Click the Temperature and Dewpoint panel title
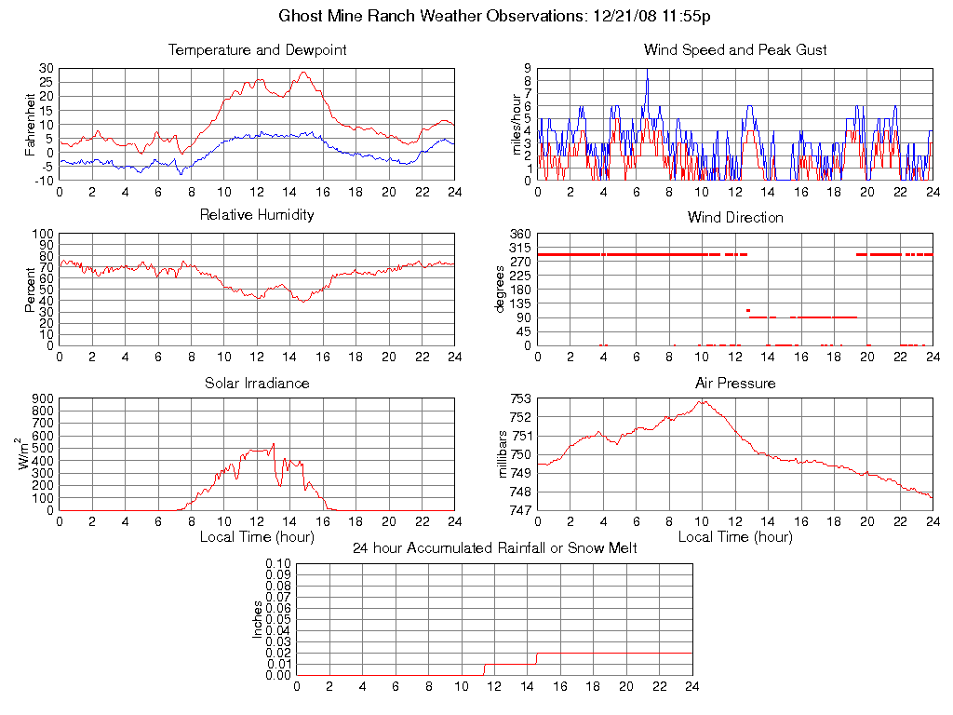tap(257, 50)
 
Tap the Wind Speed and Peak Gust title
tap(735, 50)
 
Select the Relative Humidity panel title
tap(257, 215)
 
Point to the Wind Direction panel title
tap(735, 218)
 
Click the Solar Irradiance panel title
tap(257, 383)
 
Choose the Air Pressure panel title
tap(735, 383)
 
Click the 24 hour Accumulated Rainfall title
tap(494, 548)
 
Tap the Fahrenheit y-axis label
tap(31, 124)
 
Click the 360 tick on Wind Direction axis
tap(519, 234)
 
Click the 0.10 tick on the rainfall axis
tap(278, 564)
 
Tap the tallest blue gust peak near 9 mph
tap(647, 71)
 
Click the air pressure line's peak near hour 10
tap(703, 401)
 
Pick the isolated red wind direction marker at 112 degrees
tap(748, 310)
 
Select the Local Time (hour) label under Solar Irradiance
tap(257, 537)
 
